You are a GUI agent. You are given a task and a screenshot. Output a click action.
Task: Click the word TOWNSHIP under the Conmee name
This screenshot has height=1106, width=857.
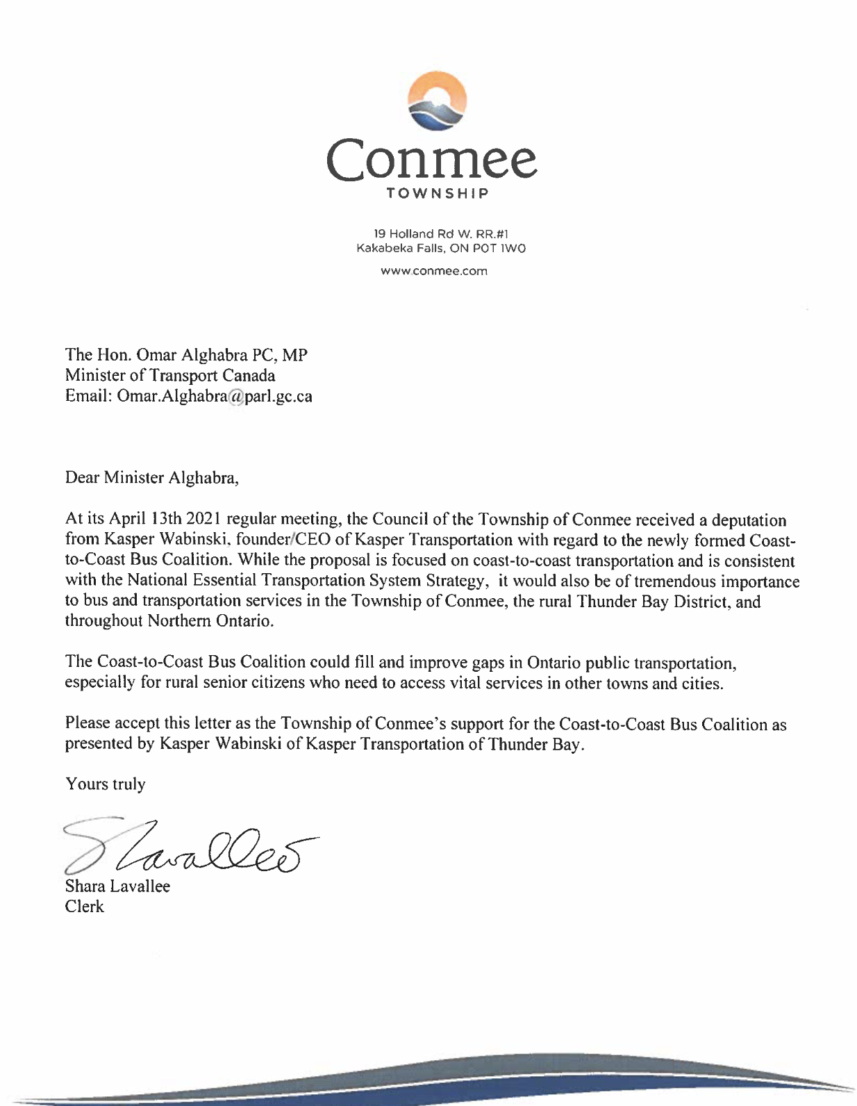(x=438, y=193)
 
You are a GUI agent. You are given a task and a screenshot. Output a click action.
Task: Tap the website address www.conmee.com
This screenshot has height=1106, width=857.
(x=434, y=271)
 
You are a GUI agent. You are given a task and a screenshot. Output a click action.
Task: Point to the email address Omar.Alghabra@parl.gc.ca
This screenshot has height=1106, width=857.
(x=215, y=397)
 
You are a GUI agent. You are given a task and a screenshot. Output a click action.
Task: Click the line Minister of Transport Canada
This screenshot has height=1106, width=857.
(x=170, y=376)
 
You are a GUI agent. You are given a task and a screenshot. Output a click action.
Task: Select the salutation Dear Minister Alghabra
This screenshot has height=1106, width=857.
(x=151, y=478)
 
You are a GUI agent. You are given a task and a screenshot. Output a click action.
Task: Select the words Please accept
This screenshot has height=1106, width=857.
(x=105, y=723)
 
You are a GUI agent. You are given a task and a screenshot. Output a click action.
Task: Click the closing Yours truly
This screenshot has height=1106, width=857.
(x=106, y=784)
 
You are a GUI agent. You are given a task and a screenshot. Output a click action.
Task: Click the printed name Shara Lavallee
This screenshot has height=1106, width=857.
(x=117, y=886)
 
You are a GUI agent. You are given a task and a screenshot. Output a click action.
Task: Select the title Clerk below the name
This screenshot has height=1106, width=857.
(x=85, y=907)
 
